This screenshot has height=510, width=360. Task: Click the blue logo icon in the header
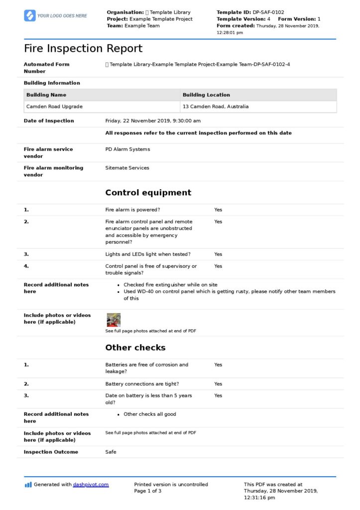pos(30,15)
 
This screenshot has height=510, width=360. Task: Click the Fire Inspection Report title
pos(83,49)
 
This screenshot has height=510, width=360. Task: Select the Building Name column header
pos(46,95)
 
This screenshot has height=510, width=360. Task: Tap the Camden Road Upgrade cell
pos(54,107)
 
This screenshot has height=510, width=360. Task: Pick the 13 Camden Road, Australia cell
pos(216,107)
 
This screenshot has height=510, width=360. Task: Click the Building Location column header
pos(206,95)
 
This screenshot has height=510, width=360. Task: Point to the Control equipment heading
pos(148,193)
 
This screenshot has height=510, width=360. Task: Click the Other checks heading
pos(135,348)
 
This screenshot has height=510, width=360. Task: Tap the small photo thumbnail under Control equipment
pos(114,320)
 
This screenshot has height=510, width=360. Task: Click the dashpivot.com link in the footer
pos(91,484)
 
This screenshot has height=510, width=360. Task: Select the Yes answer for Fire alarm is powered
pos(218,210)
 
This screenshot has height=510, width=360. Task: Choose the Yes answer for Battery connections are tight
pos(218,384)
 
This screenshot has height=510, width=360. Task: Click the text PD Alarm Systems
pos(127,149)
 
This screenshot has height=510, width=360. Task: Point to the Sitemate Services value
pos(127,168)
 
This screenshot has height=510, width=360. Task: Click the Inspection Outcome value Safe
pos(111,452)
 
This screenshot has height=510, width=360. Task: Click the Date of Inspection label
pos(49,121)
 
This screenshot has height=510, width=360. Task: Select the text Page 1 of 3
pos(148,491)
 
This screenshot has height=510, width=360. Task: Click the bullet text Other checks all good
pos(149,414)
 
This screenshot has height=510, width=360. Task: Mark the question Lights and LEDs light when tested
pos(148,254)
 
